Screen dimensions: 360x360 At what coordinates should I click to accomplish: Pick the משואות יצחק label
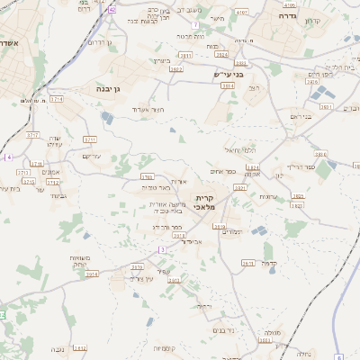point(79,262)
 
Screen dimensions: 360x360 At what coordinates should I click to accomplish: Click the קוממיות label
point(166,347)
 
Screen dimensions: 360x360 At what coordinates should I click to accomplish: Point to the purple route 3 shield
point(161,248)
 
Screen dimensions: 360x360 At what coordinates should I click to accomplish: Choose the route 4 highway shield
point(7,157)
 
